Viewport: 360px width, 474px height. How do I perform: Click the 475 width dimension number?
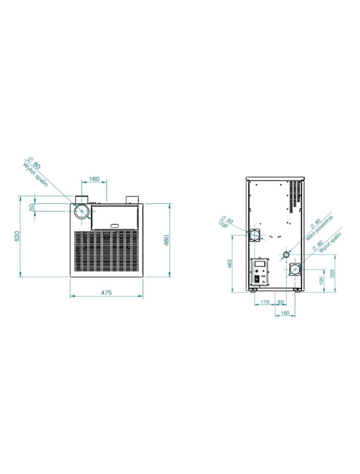click(106, 293)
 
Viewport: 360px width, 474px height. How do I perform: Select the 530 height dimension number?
click(17, 236)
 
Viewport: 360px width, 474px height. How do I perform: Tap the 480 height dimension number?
click(166, 240)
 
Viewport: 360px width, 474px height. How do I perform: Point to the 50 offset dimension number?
click(31, 208)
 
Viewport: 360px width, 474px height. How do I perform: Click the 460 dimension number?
click(229, 264)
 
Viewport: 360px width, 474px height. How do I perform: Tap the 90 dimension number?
click(280, 301)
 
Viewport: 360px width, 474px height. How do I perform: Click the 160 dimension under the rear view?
click(285, 313)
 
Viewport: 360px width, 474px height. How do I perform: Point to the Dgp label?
click(223, 225)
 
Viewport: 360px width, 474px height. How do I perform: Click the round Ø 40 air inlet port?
click(286, 255)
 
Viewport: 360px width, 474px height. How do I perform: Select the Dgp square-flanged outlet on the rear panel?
click(255, 235)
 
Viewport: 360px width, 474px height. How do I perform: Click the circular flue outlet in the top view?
click(82, 211)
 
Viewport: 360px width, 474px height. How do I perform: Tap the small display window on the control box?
click(260, 263)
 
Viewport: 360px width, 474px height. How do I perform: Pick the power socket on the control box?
click(259, 279)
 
